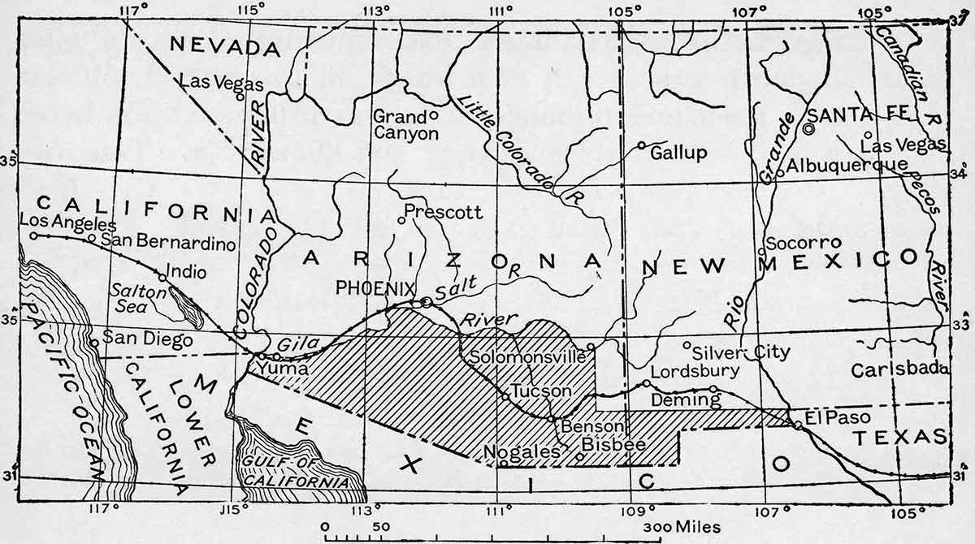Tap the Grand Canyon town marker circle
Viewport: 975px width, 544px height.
coord(434,115)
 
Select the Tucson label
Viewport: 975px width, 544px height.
coord(541,391)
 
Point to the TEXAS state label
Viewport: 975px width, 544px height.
coord(900,438)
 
